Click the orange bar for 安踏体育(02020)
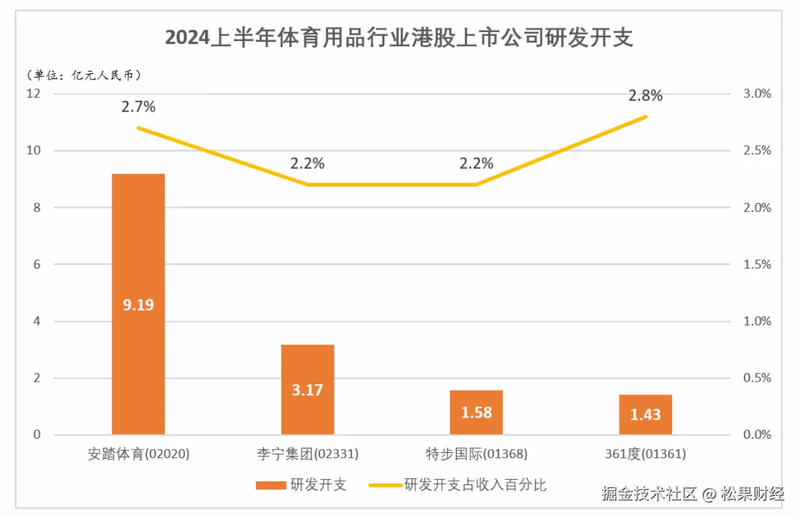[138, 269]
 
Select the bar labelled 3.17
[307, 389]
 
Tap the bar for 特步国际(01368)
[476, 412]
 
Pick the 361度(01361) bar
[645, 414]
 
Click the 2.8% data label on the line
[645, 96]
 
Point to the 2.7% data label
[139, 106]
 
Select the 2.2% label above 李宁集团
[307, 164]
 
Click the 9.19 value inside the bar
[139, 305]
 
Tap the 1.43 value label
[645, 415]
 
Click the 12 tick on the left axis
[33, 94]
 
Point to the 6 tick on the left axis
[37, 264]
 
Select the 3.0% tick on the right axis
[757, 94]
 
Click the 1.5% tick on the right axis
[757, 264]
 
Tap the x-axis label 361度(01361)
[645, 454]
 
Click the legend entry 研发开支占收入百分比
[475, 485]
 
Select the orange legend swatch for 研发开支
[270, 485]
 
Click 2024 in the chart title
[187, 38]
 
